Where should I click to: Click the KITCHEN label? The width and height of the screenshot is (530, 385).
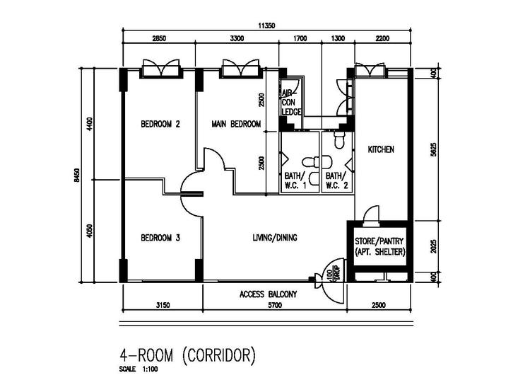click(381, 150)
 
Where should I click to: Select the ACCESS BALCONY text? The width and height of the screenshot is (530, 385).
click(268, 294)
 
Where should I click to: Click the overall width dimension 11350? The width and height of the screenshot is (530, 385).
click(266, 25)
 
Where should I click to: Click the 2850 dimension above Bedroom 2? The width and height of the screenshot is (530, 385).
click(159, 38)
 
